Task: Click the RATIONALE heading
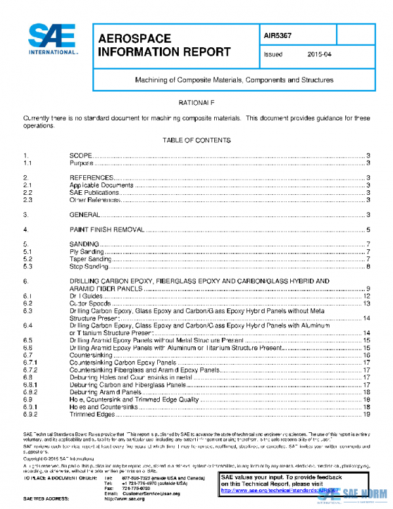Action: (x=196, y=104)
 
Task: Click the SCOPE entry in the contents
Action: (x=81, y=156)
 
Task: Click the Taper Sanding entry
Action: (x=90, y=259)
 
